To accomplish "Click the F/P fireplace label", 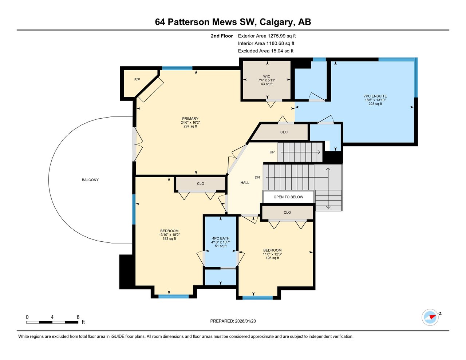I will tap(137, 79).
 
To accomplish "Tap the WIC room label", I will tap(266, 76).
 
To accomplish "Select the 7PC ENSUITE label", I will tap(375, 96).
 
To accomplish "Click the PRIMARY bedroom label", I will tap(190, 119).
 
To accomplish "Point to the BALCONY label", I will tap(90, 180).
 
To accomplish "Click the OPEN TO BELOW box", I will tap(288, 197).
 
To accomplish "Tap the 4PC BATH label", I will tap(221, 238).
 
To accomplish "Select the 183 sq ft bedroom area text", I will tap(169, 239).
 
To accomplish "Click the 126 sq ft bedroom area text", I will tap(272, 258).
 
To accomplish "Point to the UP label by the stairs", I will tap(272, 152).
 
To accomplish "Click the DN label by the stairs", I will tap(257, 177).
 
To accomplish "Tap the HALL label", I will tap(245, 183).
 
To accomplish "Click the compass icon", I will tap(430, 317).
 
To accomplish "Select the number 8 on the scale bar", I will tap(78, 317).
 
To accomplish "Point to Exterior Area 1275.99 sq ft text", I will tap(266, 36).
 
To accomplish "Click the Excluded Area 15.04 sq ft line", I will tap(265, 51).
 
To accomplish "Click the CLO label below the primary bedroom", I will tap(201, 184).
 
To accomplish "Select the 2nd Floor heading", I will tap(222, 36).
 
